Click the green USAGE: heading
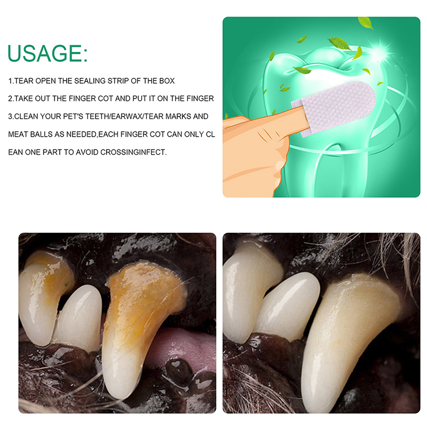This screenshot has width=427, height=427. [48, 53]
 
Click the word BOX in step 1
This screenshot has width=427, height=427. [167, 81]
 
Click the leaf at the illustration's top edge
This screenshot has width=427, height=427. [366, 22]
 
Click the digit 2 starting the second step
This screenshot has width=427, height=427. [10, 99]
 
